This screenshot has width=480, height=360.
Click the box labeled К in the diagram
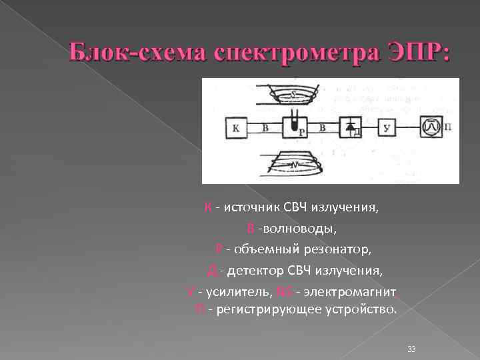237,127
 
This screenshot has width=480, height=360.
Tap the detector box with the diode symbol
351,127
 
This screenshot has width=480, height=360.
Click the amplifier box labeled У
389,127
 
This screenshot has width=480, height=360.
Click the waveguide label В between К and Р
265,126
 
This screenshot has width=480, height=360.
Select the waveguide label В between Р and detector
323,126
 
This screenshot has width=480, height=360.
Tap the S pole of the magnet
293,95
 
